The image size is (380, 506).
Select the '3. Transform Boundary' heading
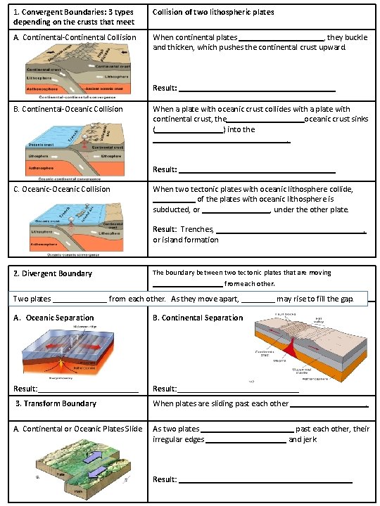[x=56, y=403]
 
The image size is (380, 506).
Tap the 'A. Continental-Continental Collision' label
[x=75, y=37]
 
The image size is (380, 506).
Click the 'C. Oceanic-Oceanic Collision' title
[x=62, y=189]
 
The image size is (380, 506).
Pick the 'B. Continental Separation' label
[x=198, y=318]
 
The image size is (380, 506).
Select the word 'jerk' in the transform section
[x=310, y=439]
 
